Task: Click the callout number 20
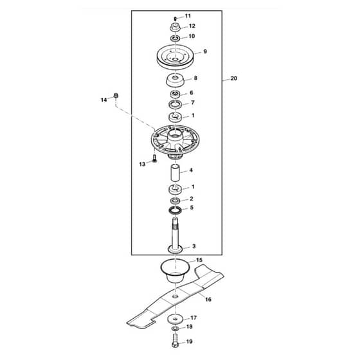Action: [233, 78]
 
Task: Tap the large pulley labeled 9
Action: [175, 57]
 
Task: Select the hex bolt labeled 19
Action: [175, 341]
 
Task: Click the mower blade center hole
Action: [175, 296]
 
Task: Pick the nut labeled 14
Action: [116, 96]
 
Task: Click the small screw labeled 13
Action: [154, 158]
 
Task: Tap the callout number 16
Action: [208, 300]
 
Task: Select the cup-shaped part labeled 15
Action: [175, 271]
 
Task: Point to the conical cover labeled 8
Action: [175, 80]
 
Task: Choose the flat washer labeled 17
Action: [175, 319]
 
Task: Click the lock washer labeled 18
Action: [175, 328]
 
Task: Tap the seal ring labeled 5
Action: [175, 210]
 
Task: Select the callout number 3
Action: [194, 246]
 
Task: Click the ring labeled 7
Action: [175, 104]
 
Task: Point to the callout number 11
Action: [188, 16]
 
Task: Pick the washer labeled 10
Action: [175, 38]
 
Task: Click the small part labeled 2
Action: [175, 200]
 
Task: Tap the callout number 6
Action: [192, 93]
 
